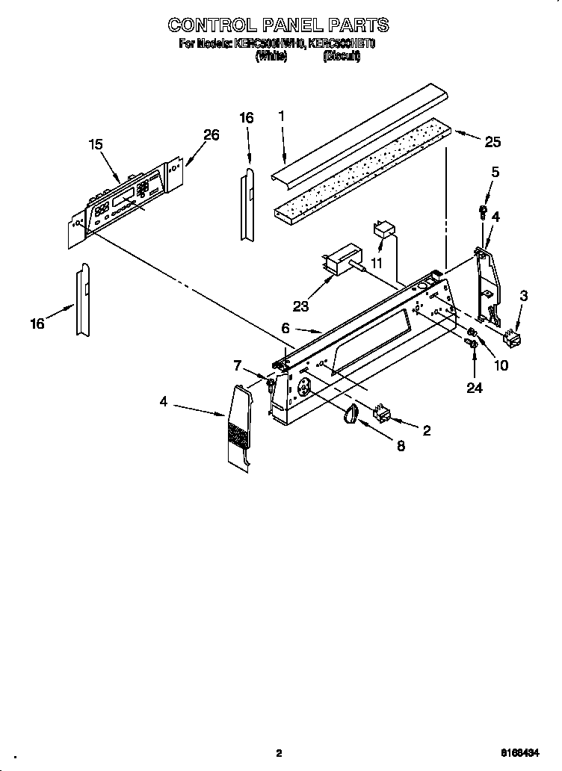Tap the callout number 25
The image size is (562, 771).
click(x=492, y=142)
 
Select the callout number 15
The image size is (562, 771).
click(x=96, y=145)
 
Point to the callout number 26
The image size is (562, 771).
click(x=211, y=134)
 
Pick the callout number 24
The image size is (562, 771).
click(x=474, y=388)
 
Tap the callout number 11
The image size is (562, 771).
click(x=376, y=264)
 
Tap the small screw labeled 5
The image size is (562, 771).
click(x=483, y=211)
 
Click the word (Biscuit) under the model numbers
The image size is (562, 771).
click(x=342, y=57)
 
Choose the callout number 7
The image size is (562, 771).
click(x=238, y=365)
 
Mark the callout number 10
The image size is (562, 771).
click(x=501, y=365)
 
